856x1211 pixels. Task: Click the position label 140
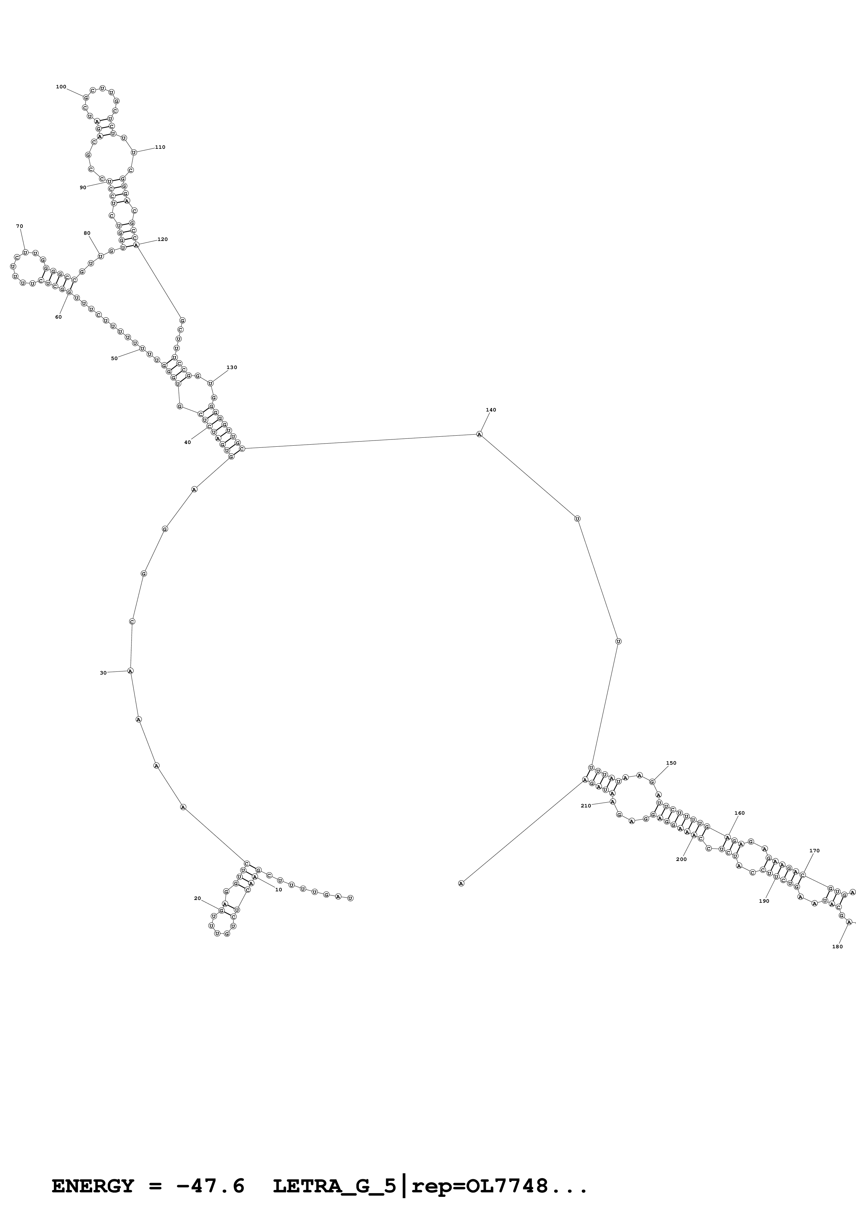pyautogui.click(x=490, y=410)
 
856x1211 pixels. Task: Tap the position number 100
pyautogui.click(x=61, y=87)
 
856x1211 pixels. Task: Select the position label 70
pyautogui.click(x=20, y=226)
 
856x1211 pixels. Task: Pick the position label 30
pyautogui.click(x=103, y=673)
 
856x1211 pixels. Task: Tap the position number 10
pyautogui.click(x=278, y=890)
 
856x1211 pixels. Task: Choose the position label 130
pyautogui.click(x=232, y=368)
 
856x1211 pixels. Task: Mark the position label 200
pyautogui.click(x=681, y=859)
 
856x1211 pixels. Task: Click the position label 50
pyautogui.click(x=114, y=359)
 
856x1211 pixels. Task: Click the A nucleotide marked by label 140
pyautogui.click(x=479, y=434)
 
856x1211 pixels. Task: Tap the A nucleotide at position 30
pyautogui.click(x=130, y=671)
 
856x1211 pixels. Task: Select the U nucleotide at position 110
pyautogui.click(x=133, y=153)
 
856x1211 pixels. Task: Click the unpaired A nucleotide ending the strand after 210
pyautogui.click(x=461, y=883)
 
